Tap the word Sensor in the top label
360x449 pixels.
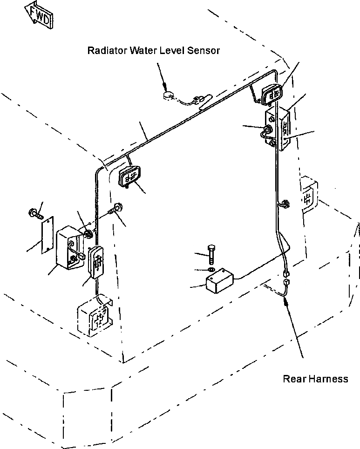tap(204, 50)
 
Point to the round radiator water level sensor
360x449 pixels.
tap(169, 95)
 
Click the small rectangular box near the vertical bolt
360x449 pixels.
tap(220, 280)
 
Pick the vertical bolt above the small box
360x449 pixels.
tap(211, 254)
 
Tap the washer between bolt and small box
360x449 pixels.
tap(211, 270)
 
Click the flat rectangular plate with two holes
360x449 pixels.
tap(47, 235)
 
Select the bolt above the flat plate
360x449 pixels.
tap(35, 214)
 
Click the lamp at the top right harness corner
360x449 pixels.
tap(272, 94)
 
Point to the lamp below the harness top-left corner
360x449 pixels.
tap(129, 176)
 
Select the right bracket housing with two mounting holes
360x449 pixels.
tap(278, 129)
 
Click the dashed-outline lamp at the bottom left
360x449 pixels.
tap(95, 315)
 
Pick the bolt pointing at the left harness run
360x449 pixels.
tap(116, 208)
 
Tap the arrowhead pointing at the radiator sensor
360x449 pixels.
tap(164, 87)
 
